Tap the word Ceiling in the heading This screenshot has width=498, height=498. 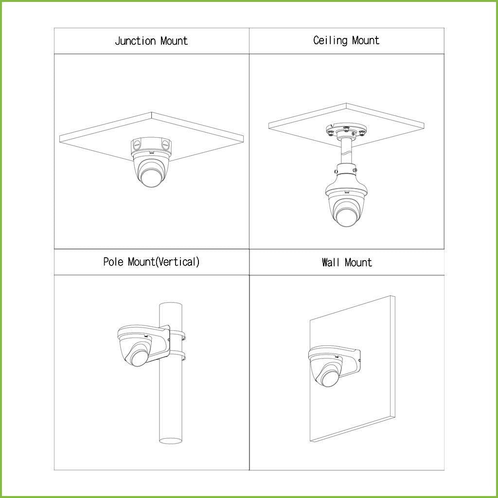tap(331, 40)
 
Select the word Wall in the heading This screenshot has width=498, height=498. tap(331, 263)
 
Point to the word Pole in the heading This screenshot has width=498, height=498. tap(114, 262)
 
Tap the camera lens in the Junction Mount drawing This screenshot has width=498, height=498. tap(151, 177)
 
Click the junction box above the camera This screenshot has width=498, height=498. tap(151, 145)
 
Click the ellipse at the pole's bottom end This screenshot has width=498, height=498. tap(170, 441)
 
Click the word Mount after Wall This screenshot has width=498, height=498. tap(358, 263)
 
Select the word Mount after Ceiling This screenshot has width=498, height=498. tap(366, 40)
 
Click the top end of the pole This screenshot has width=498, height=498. tap(170, 305)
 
